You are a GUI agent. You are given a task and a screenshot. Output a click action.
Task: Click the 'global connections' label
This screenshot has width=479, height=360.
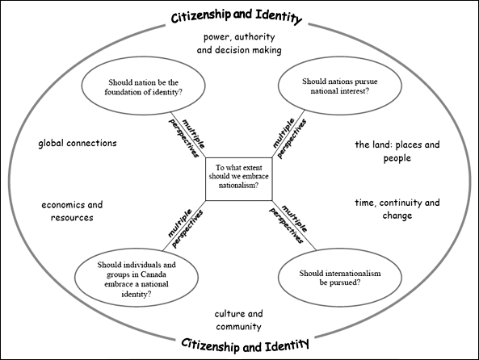point(78,143)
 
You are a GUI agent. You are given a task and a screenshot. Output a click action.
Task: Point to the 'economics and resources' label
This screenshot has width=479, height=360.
point(72,211)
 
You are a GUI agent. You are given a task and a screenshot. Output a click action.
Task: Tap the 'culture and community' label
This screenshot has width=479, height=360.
point(238,320)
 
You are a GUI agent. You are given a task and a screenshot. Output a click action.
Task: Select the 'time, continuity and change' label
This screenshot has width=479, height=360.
point(397,209)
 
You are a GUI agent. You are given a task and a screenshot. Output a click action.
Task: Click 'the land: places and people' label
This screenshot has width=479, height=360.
point(397,151)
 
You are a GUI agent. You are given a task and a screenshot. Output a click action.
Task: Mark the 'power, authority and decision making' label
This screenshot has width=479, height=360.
point(239,44)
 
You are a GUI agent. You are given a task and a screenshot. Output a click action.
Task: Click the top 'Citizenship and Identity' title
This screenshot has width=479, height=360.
point(237,17)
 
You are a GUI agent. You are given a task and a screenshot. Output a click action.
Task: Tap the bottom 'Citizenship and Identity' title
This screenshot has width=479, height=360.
point(245,345)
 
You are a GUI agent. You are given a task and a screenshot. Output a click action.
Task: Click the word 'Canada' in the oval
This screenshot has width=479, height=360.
point(154,274)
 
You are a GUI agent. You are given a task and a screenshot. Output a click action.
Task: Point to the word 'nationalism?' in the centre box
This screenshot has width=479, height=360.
point(238,186)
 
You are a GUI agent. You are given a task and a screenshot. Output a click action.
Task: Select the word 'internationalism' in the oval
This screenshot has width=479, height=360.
point(353,273)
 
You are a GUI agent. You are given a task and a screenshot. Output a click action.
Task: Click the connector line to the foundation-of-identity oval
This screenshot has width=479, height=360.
point(188,135)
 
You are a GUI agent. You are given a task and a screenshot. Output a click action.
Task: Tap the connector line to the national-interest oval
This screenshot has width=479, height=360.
point(288,134)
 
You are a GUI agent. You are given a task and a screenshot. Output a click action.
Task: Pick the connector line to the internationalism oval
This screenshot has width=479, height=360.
point(294,225)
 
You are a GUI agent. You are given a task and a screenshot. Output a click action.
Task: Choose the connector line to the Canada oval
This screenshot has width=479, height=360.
point(184,226)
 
